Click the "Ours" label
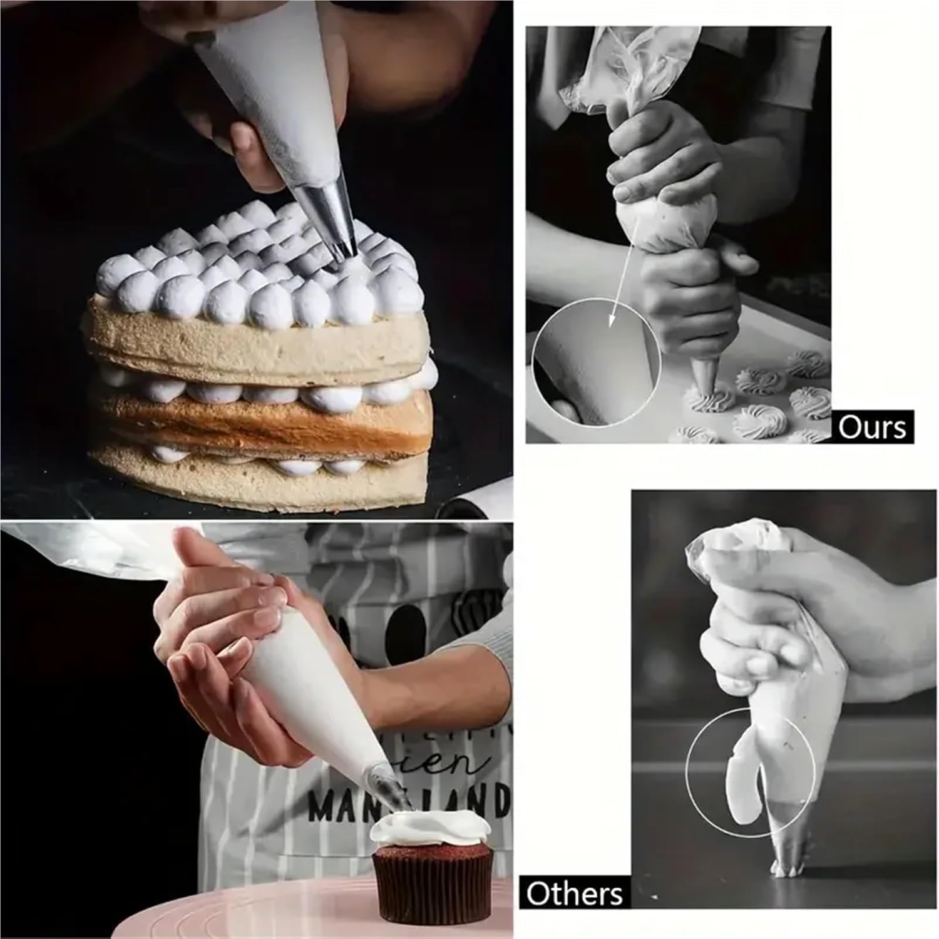click(872, 428)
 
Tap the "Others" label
click(574, 893)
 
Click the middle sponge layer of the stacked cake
click(263, 416)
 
